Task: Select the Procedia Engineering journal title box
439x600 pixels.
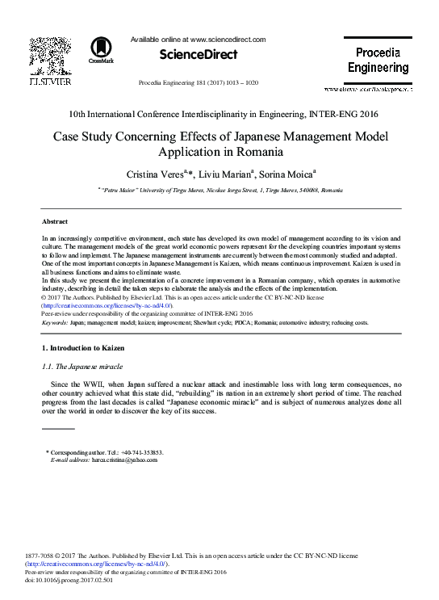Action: pos(378,60)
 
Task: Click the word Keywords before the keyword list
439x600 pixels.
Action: pos(54,322)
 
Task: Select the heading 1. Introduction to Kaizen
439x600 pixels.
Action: pos(83,348)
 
